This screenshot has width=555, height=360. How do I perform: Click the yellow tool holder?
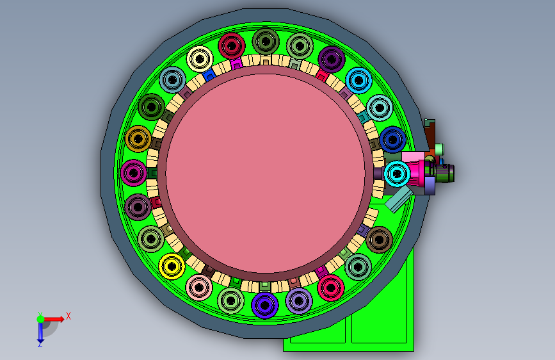point(172,266)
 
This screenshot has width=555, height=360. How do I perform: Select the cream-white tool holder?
point(200,59)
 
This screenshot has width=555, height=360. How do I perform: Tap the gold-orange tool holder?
point(138,139)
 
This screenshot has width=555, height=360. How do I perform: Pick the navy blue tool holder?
point(392,140)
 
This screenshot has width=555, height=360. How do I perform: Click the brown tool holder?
point(379,240)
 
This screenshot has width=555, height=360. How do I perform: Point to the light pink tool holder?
point(199,288)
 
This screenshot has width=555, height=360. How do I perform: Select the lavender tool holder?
point(299,301)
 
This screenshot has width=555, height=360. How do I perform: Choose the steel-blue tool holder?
point(172,79)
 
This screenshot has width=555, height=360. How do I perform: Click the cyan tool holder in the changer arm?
point(397,174)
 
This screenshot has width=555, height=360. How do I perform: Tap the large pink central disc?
point(266,174)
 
